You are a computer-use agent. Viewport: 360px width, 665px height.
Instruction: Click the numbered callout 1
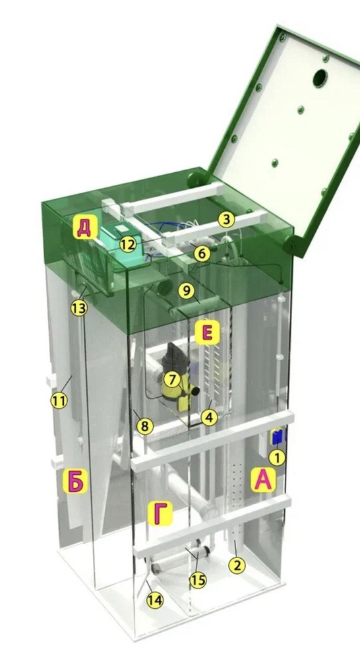(x=278, y=457)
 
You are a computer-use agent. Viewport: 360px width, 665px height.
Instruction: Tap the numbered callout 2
(x=237, y=565)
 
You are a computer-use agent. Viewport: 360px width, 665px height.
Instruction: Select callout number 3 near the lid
(x=227, y=220)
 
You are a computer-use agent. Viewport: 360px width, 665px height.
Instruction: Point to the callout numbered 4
(x=209, y=418)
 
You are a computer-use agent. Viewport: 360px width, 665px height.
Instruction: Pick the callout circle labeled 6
(x=202, y=253)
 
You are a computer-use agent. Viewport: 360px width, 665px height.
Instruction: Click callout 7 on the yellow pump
(x=171, y=379)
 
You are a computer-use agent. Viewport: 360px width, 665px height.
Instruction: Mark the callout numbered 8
(x=145, y=426)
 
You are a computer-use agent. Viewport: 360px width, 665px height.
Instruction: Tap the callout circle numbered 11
(x=59, y=400)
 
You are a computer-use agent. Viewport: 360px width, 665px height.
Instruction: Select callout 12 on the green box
(x=128, y=244)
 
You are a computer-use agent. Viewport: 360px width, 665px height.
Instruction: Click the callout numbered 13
(x=79, y=308)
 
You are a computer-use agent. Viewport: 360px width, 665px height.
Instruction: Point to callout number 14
(x=155, y=600)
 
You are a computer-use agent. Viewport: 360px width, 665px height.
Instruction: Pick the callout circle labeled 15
(x=198, y=580)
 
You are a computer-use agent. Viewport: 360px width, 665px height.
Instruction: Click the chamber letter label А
(x=263, y=479)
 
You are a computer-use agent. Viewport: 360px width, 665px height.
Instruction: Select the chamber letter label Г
(x=160, y=513)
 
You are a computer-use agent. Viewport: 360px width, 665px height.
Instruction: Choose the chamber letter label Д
(x=84, y=228)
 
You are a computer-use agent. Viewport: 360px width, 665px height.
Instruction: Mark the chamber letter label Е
(x=207, y=332)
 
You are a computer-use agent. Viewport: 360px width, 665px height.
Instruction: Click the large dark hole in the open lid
(x=320, y=78)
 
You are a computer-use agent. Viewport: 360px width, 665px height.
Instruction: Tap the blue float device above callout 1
(x=278, y=437)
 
